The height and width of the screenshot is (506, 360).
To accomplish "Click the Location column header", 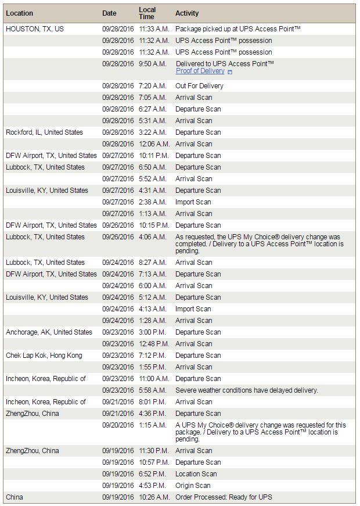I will click(x=19, y=13).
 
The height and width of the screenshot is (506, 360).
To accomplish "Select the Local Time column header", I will click(x=147, y=13).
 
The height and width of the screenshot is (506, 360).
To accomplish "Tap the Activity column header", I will click(x=186, y=13).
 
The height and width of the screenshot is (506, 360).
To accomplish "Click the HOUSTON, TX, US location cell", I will click(x=35, y=28).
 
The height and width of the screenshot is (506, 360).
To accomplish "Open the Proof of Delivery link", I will click(x=200, y=71).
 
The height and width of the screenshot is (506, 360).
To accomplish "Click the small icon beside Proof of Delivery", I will click(x=230, y=71).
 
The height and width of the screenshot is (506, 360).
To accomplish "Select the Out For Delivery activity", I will click(x=199, y=86).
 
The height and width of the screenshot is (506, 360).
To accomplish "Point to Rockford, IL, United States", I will click(x=44, y=132).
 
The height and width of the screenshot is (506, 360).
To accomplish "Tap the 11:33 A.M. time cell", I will click(x=154, y=28).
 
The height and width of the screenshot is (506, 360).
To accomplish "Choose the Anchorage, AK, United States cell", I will click(x=49, y=332).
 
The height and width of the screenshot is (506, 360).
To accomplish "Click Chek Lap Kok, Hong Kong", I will click(x=44, y=356).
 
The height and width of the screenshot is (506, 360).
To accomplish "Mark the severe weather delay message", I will click(x=247, y=390).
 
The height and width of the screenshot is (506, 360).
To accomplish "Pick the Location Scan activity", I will click(x=196, y=474).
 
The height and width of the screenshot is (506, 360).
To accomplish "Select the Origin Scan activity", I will click(x=193, y=486).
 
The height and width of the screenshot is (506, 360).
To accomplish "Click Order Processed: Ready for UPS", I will click(x=224, y=497).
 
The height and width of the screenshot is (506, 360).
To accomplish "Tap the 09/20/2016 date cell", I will click(x=118, y=425).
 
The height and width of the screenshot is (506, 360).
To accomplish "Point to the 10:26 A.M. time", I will click(x=154, y=497).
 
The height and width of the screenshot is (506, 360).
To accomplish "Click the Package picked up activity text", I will click(x=237, y=28).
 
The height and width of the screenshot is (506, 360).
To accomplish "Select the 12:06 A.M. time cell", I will click(x=154, y=144).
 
